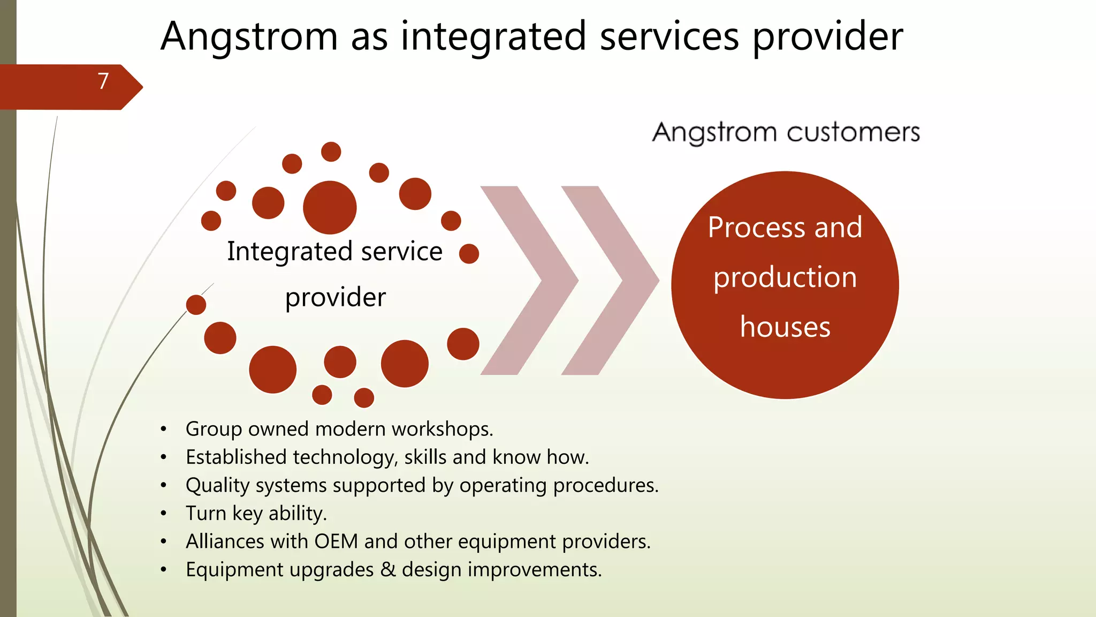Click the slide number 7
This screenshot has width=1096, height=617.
(x=103, y=81)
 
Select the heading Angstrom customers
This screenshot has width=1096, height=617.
(x=786, y=132)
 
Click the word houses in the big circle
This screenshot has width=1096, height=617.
(x=785, y=327)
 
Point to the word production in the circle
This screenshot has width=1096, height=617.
(x=785, y=277)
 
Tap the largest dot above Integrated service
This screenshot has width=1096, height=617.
(x=330, y=207)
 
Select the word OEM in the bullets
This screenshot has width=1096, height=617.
(x=336, y=541)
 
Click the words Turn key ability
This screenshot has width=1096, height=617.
(x=256, y=513)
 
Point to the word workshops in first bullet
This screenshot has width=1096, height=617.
(x=442, y=429)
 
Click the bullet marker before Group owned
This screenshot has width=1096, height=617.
(x=164, y=430)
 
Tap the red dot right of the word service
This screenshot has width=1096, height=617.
(x=469, y=253)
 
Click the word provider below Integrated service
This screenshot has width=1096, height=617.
(x=335, y=298)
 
